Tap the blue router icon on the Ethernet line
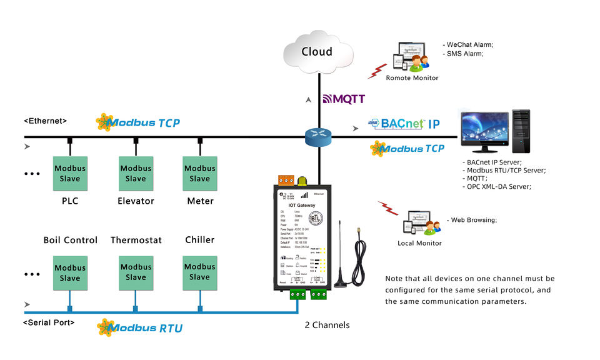(320, 137)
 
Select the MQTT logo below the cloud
(344, 99)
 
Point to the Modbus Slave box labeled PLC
(70, 173)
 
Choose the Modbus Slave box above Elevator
(136, 173)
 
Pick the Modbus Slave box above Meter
(200, 173)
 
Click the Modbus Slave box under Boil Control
(70, 273)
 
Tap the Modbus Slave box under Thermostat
(136, 272)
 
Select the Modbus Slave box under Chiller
(200, 272)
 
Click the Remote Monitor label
(412, 78)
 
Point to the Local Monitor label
(419, 243)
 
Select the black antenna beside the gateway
(341, 256)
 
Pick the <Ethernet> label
(45, 121)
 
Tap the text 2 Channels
(327, 325)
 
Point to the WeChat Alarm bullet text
(469, 45)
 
